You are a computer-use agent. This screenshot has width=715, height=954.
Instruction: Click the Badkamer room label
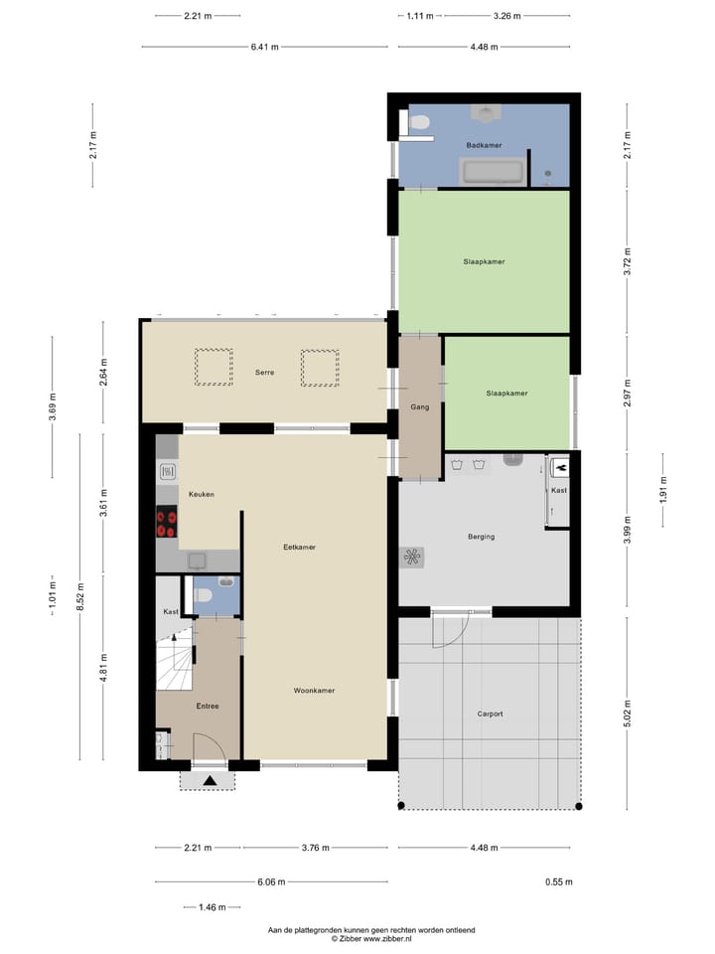[484, 145]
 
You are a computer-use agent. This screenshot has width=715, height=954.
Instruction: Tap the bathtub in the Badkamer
[494, 172]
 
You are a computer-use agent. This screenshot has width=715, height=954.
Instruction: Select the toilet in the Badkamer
[420, 122]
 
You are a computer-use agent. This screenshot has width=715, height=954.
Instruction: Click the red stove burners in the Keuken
[167, 523]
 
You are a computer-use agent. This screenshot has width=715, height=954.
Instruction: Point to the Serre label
[263, 373]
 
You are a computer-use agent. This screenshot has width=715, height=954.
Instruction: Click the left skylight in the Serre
[213, 367]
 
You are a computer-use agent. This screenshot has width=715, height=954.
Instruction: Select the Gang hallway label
[419, 407]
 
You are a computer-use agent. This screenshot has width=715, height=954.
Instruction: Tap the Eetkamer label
[299, 547]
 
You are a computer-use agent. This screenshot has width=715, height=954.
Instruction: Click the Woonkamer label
[314, 690]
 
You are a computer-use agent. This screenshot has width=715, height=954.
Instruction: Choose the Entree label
[207, 706]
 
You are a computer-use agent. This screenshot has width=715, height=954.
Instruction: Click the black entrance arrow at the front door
[210, 781]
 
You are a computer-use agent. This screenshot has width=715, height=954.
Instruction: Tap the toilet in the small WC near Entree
[203, 595]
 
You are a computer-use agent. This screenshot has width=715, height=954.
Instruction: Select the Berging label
[481, 537]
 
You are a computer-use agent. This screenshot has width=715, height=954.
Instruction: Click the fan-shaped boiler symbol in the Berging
[412, 557]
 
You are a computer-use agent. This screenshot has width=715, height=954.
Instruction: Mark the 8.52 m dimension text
[79, 598]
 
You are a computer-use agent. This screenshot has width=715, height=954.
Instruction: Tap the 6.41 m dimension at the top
[264, 47]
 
